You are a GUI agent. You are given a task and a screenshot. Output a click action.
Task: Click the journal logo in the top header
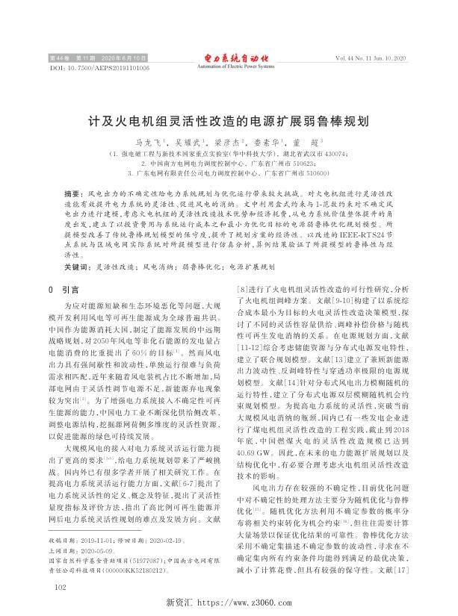[x=229, y=57]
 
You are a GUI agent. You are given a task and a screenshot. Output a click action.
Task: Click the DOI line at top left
[x=99, y=67]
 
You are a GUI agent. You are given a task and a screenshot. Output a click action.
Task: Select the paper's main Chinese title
[x=229, y=119]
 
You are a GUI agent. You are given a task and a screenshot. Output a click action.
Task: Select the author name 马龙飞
[x=146, y=140]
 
